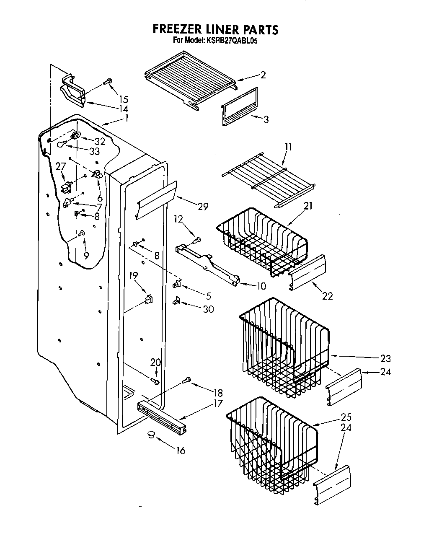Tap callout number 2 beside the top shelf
(x=263, y=75)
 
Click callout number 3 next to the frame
(x=266, y=119)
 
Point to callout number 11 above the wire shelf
(x=288, y=147)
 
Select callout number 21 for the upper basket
(x=308, y=206)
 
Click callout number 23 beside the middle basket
(x=385, y=358)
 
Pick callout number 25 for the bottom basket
(x=346, y=417)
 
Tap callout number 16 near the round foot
(x=181, y=451)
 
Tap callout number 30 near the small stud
(x=208, y=309)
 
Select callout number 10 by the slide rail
(x=261, y=286)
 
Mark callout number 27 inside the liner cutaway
(x=61, y=166)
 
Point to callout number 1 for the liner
(x=127, y=118)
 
